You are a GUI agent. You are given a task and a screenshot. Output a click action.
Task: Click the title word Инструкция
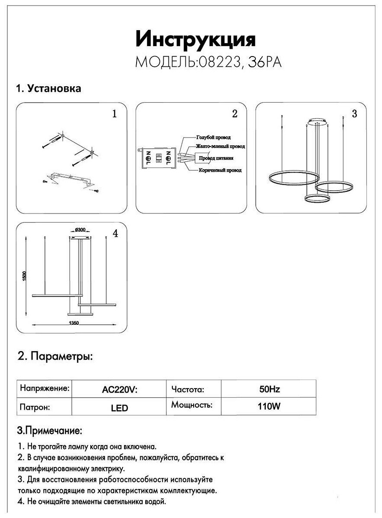[195, 40]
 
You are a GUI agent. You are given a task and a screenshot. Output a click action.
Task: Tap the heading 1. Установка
[48, 89]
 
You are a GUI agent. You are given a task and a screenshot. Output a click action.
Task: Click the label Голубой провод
[213, 137]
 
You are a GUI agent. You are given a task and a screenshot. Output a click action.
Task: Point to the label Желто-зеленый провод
[220, 147]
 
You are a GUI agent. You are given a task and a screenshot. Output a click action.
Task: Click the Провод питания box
[216, 158]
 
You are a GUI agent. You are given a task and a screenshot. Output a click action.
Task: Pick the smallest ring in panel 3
[317, 198]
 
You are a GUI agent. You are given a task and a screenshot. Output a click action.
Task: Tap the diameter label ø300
[80, 230]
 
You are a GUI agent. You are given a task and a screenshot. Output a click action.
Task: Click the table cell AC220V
[119, 390]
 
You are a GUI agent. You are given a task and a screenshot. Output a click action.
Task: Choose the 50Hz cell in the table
[269, 389]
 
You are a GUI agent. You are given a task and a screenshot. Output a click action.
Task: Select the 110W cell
[269, 406]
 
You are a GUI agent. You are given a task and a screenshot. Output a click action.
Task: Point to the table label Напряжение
[45, 388]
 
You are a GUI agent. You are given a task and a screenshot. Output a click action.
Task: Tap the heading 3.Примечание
[49, 431]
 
